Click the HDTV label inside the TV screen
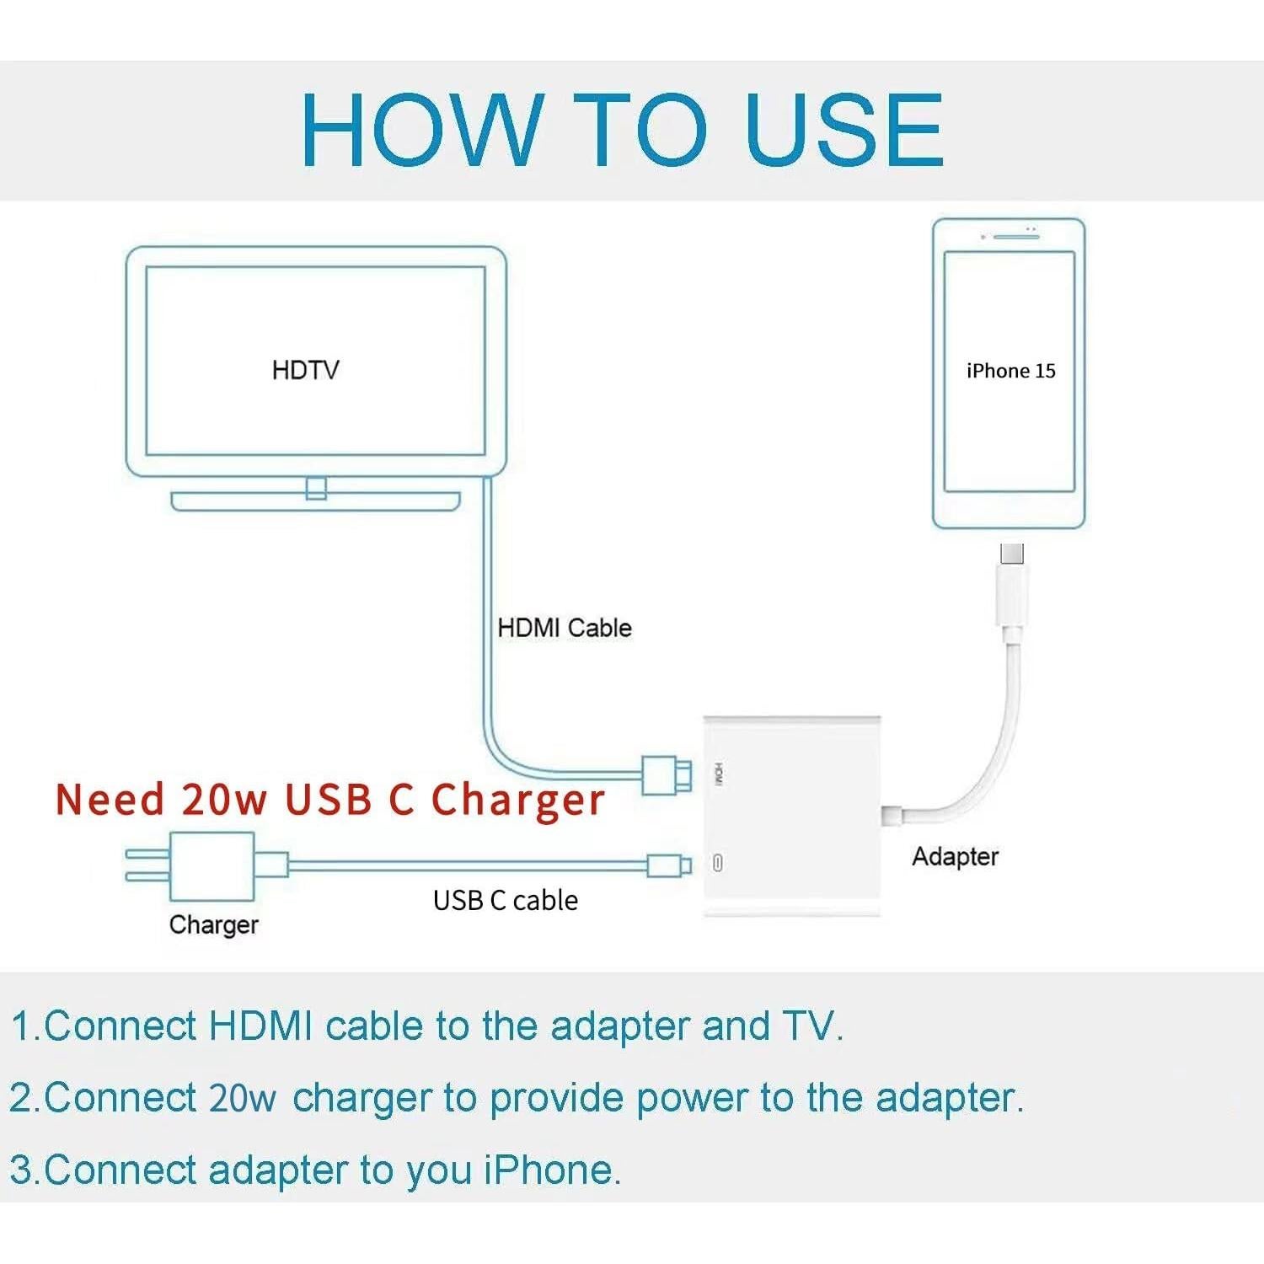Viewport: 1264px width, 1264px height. (305, 370)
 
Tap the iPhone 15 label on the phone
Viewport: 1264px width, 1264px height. (1010, 371)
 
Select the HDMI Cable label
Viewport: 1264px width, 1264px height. (564, 628)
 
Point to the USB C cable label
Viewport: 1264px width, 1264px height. (505, 900)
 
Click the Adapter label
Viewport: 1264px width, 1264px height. (955, 856)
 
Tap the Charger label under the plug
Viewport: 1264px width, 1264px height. (213, 924)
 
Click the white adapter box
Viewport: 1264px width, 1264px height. (792, 816)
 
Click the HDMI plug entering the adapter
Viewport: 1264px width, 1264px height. (667, 774)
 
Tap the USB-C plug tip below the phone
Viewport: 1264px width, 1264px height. (1012, 554)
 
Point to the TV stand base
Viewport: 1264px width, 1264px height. (316, 501)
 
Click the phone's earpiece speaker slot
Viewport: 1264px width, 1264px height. (1015, 237)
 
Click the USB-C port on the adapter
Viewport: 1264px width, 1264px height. (717, 863)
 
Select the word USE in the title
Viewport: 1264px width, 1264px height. (844, 130)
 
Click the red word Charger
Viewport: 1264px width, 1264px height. (517, 800)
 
